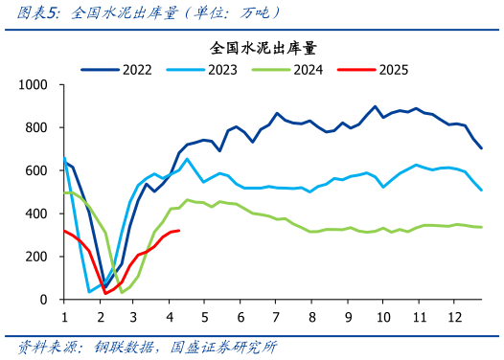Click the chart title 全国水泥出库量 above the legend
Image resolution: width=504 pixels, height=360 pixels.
tap(263, 47)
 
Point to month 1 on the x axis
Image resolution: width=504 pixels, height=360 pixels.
tap(64, 317)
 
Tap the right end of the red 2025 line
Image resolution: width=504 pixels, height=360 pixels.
tap(179, 231)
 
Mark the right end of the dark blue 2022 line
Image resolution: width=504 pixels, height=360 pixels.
tap(481, 148)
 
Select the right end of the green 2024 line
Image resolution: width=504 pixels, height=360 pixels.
tap(481, 227)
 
